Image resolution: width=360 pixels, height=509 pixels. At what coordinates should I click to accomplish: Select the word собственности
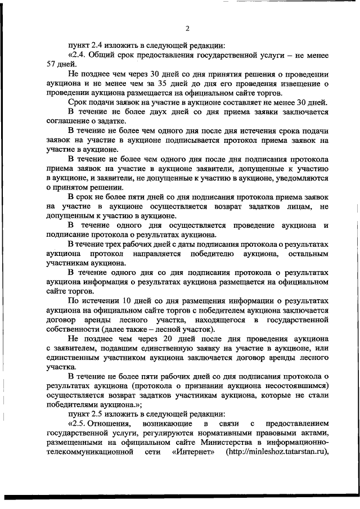pyautogui.click(x=71, y=329)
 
